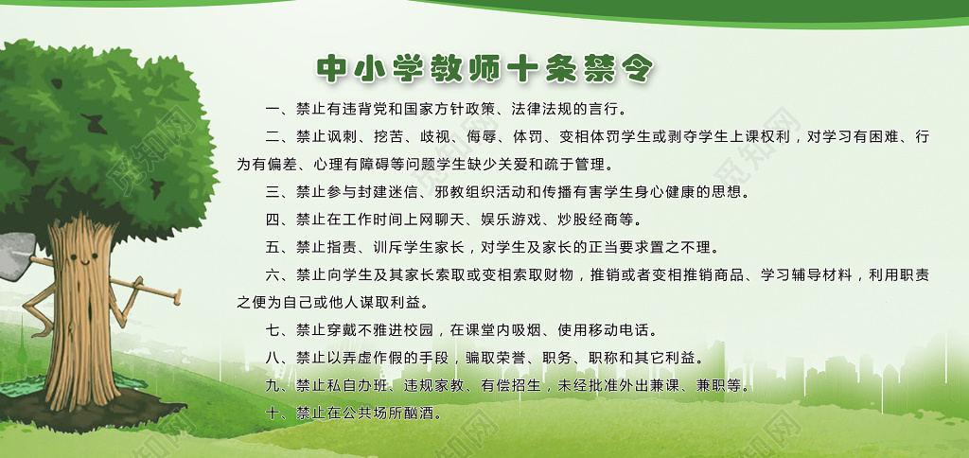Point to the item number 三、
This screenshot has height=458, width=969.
(276, 192)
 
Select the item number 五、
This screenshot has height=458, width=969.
(276, 248)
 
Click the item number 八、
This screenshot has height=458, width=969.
(276, 359)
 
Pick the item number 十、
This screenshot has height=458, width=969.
(276, 414)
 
